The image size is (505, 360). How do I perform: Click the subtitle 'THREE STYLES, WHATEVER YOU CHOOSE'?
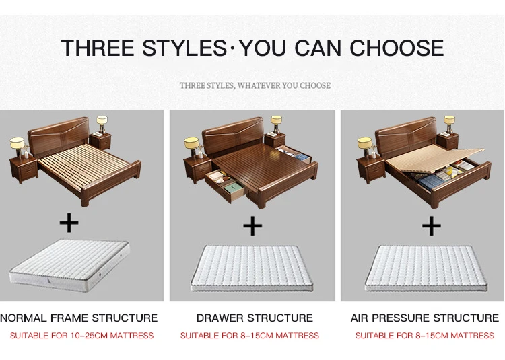pos(255,85)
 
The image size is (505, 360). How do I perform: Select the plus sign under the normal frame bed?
pos(69,222)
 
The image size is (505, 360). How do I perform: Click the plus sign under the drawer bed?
pos(252,225)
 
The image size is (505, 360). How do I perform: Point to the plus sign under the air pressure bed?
pos(431,226)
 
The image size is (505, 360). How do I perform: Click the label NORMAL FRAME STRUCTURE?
pos(79,318)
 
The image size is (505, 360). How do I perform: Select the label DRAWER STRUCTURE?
pos(255,318)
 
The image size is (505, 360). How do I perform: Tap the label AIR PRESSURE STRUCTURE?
pos(425,318)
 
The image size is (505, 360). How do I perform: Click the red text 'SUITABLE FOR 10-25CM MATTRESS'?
pos(81,335)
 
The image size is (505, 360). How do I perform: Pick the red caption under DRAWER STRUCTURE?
pos(250,335)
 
